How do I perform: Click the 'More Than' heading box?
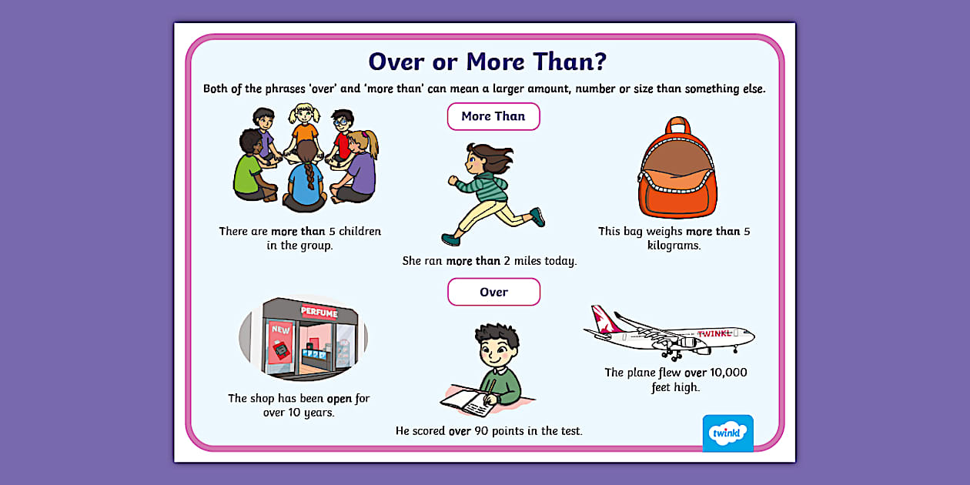tap(493, 116)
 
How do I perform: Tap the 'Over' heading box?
tap(493, 292)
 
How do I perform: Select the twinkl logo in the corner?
tap(727, 433)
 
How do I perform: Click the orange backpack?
tap(677, 171)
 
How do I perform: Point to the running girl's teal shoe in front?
tap(537, 218)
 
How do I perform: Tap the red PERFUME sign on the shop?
tap(319, 311)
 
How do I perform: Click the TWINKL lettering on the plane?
tap(714, 334)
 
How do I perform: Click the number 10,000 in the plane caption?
tap(727, 373)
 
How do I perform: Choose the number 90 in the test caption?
tap(483, 431)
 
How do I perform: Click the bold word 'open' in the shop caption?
tap(339, 398)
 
